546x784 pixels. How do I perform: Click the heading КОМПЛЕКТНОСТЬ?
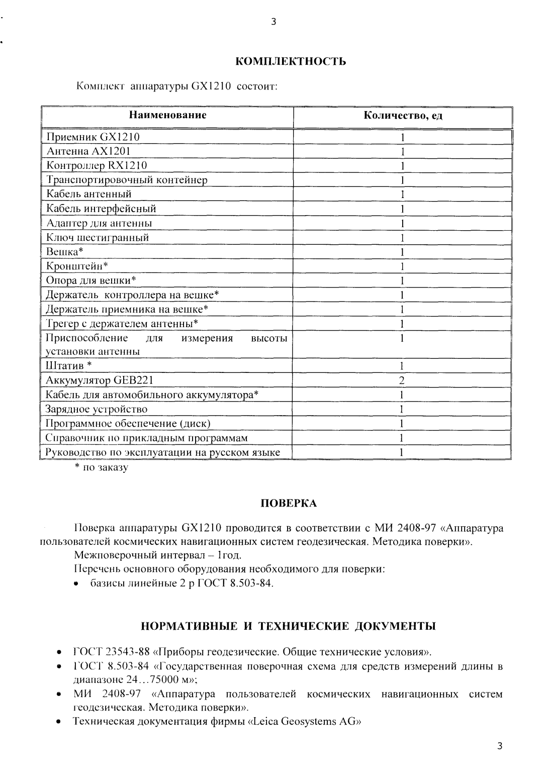coord(291,62)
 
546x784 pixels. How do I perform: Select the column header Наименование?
coord(168,115)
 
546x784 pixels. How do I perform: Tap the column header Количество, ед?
coord(403,116)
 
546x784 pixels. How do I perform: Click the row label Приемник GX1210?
coord(93,137)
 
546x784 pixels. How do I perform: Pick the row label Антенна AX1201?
coord(89,151)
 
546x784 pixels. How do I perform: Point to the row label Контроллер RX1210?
coord(97,165)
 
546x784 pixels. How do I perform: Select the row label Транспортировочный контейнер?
coord(127,179)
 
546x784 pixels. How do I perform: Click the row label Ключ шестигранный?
coord(98,237)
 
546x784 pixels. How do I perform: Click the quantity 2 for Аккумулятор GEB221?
coord(402,380)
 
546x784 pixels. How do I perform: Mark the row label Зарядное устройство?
coord(97,409)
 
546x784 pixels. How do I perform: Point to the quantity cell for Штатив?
coord(402,366)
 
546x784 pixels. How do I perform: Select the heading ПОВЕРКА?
coord(288,504)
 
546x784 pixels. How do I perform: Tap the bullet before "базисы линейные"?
coord(76,584)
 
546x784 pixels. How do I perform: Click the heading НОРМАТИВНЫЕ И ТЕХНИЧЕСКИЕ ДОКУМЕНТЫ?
coord(288,626)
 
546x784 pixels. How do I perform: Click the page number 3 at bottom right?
coord(499,746)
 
